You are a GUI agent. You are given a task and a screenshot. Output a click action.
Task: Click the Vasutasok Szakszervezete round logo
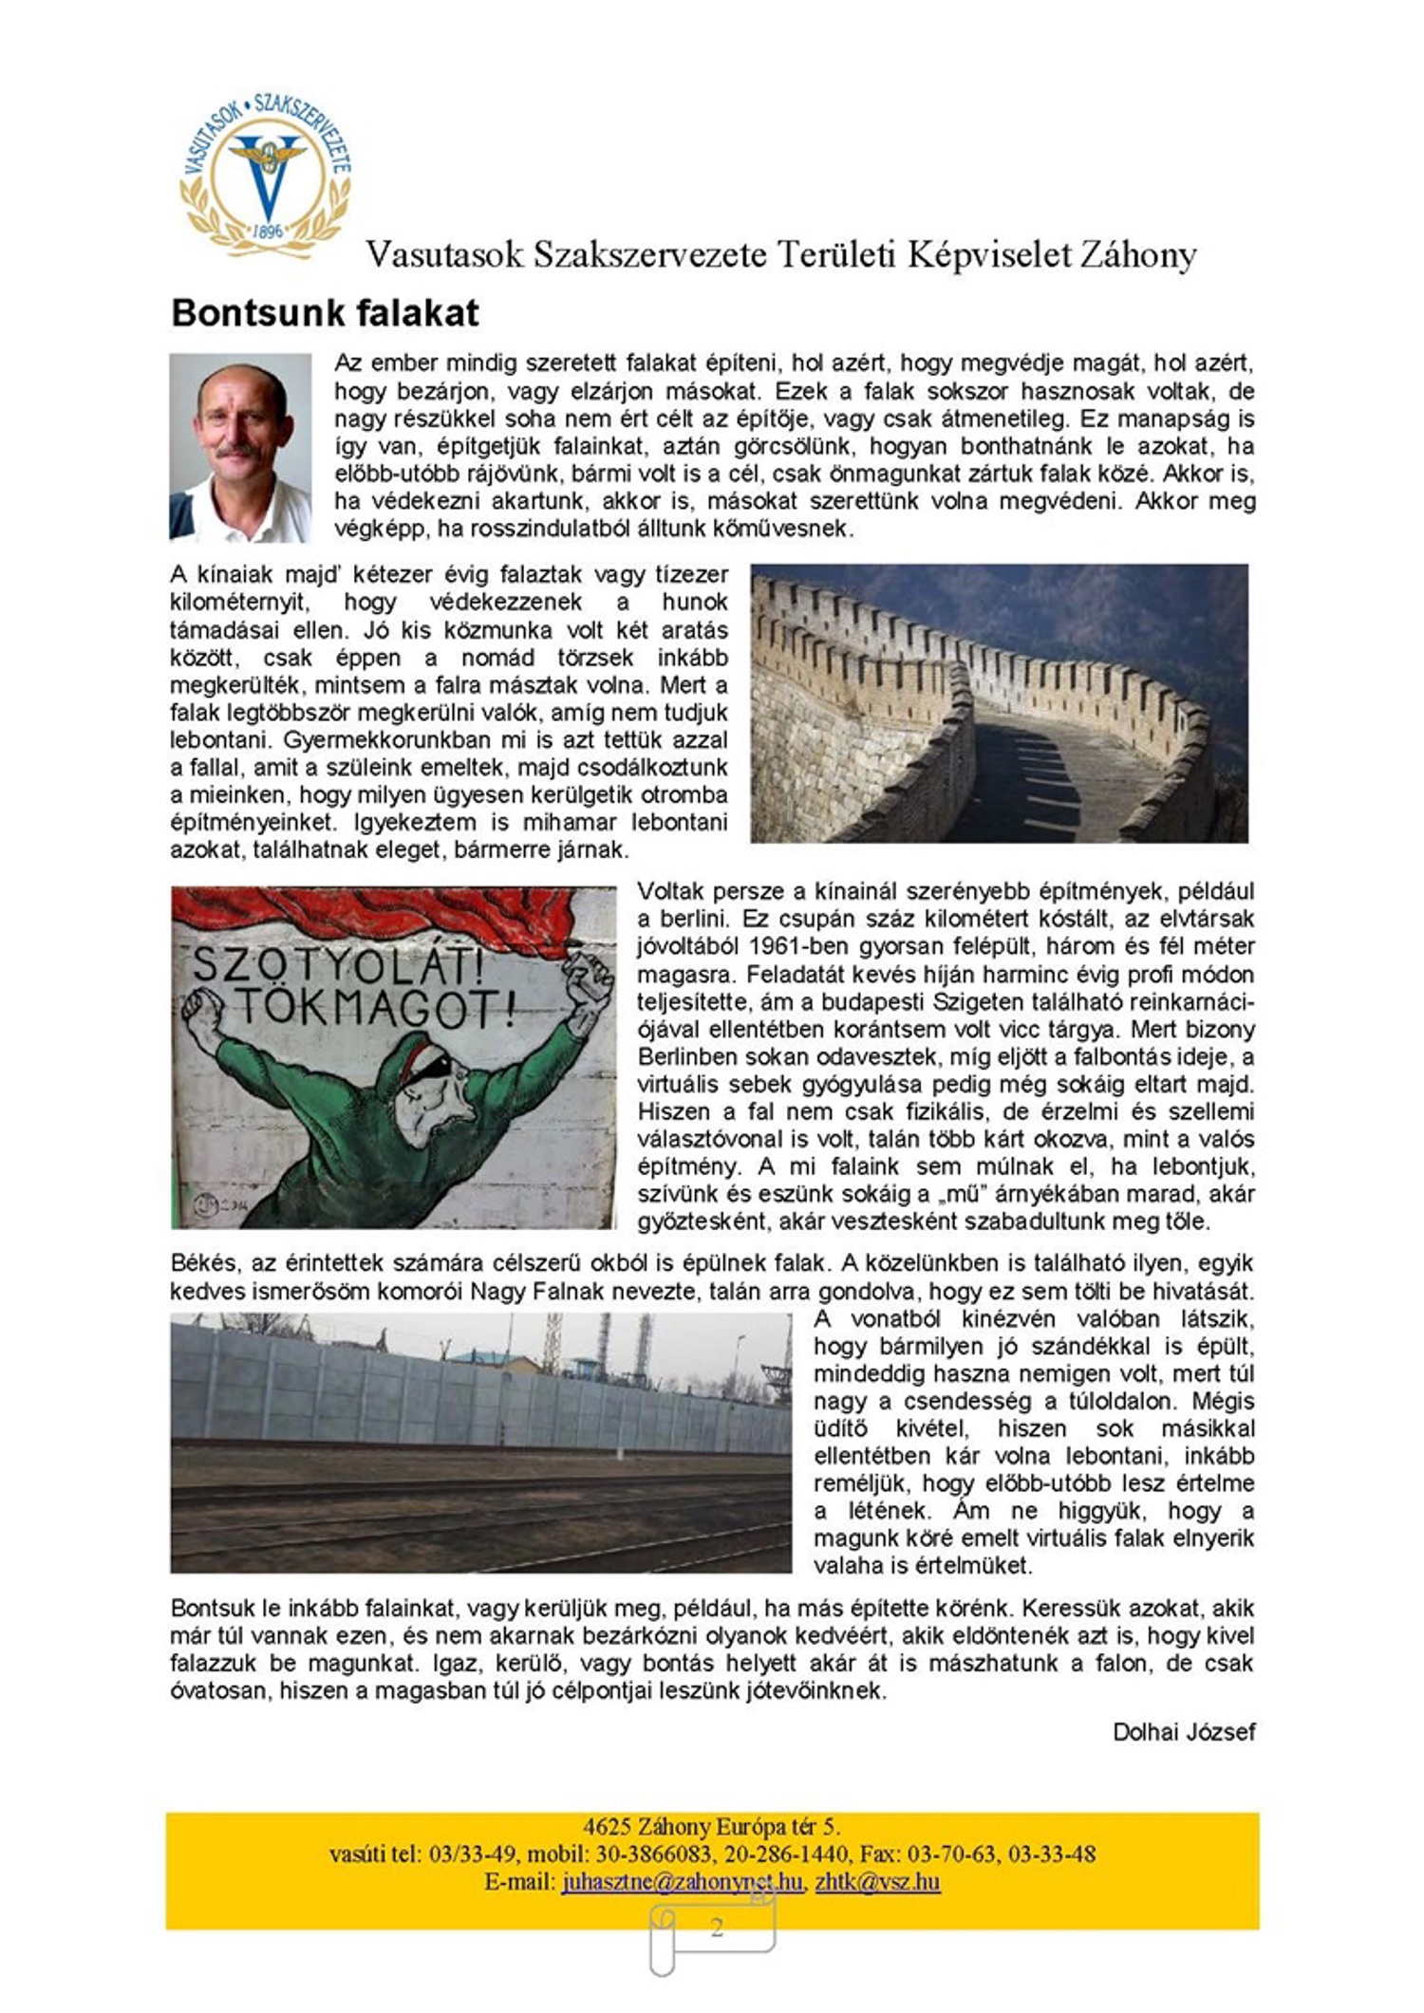[266, 176]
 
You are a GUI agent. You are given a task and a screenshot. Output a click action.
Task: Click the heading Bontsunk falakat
[325, 313]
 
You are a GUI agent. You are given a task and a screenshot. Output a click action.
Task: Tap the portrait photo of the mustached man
[240, 447]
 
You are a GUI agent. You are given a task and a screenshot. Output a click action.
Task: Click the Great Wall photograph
[999, 703]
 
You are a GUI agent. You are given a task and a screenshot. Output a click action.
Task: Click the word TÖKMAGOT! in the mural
[369, 1008]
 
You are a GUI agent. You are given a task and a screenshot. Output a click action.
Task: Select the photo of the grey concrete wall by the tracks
[480, 1443]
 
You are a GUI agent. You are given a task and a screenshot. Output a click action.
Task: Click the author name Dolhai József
[1184, 1732]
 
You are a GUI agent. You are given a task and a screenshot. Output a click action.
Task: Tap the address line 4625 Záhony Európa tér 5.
[712, 1827]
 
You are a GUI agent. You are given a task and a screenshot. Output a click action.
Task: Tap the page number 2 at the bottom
[717, 1928]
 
